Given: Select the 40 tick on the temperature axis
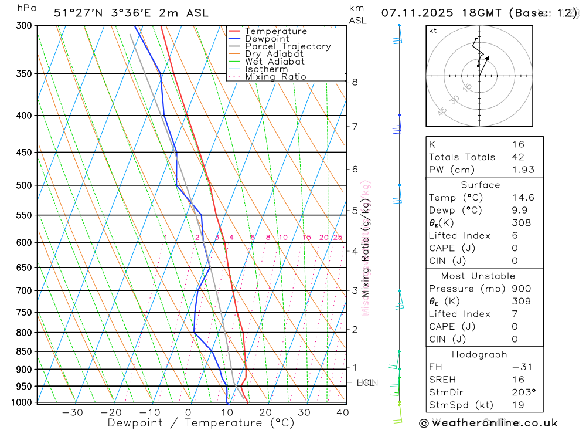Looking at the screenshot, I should (343, 412).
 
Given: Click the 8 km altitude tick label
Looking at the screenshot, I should (355, 82).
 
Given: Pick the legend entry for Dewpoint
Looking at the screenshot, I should (267, 39).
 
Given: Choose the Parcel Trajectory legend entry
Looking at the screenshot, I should (288, 46).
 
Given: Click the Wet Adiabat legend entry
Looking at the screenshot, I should (275, 62).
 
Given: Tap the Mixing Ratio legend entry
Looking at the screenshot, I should (275, 77).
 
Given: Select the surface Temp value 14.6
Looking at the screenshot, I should (523, 198).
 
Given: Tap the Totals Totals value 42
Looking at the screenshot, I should (517, 157).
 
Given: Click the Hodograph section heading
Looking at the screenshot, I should (479, 354).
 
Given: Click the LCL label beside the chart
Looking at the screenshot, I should (366, 383).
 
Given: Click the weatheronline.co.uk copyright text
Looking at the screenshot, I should (488, 423).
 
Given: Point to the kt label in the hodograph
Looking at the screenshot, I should (433, 31).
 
